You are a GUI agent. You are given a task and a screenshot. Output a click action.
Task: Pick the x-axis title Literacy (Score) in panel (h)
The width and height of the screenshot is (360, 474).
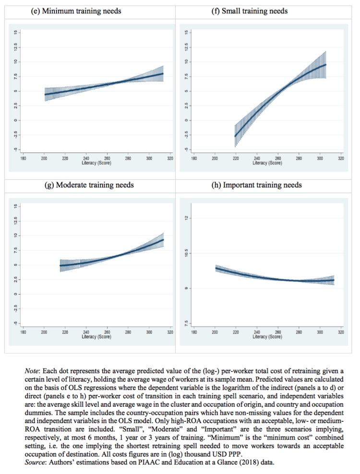coord(268,337)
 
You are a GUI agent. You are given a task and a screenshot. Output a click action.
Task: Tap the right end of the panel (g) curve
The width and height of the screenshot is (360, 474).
coord(164,240)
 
